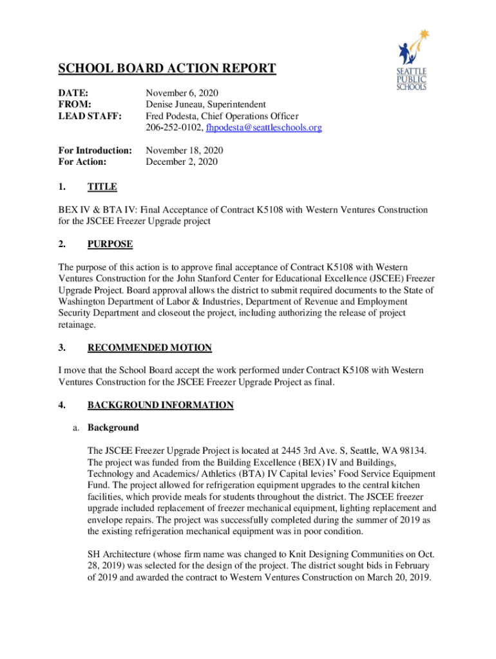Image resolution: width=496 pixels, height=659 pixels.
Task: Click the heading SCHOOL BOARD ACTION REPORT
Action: [167, 69]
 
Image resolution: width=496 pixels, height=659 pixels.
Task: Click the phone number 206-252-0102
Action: [173, 128]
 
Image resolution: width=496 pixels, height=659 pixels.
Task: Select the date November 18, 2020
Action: [184, 151]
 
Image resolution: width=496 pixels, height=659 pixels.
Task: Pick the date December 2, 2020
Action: [182, 162]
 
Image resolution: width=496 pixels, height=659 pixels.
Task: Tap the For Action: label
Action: [82, 162]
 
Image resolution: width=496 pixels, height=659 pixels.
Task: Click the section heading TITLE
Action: [102, 187]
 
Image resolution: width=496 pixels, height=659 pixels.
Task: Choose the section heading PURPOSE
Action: [110, 244]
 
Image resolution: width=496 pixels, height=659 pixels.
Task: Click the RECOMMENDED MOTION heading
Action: [149, 348]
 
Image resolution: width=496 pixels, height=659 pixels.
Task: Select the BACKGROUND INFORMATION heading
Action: [160, 405]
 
